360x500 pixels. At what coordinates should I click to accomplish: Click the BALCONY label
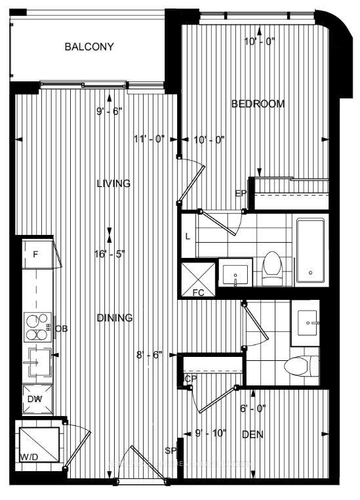[89, 47]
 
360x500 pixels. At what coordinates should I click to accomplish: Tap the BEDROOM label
[258, 104]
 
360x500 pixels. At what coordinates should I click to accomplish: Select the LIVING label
[113, 184]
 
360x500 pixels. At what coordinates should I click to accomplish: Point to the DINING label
[115, 318]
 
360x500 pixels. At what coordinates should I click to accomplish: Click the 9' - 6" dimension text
[110, 112]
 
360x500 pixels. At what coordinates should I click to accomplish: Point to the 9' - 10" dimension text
[210, 432]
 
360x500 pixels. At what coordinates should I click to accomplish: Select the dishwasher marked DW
[35, 398]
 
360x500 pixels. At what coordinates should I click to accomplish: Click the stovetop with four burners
[38, 326]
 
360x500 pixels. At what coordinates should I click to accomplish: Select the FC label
[197, 293]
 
